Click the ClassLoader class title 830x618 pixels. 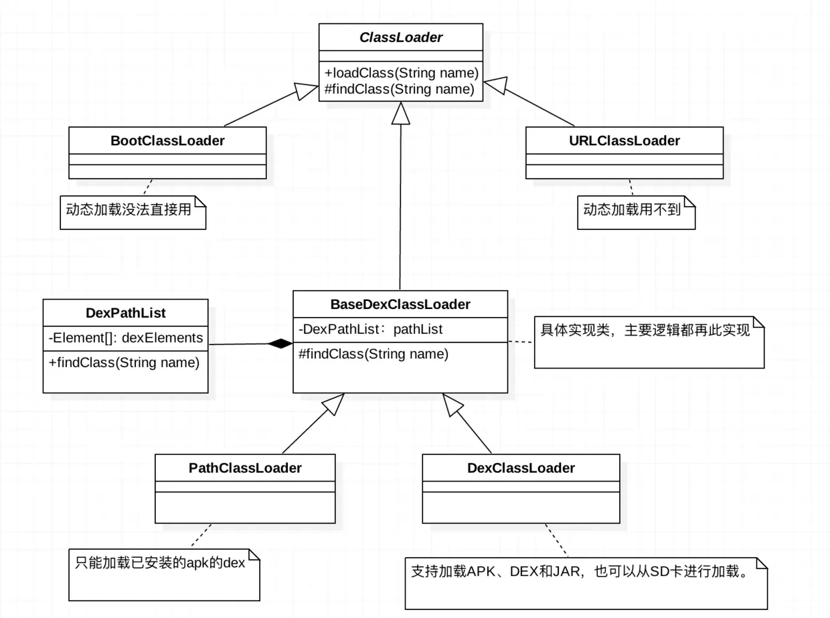click(x=400, y=37)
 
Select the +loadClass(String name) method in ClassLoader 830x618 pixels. click(x=400, y=73)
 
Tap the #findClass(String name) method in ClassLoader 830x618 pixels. click(x=400, y=88)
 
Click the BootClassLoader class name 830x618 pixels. click(x=167, y=140)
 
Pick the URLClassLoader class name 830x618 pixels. click(x=624, y=140)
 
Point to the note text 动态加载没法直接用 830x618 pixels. click(x=129, y=210)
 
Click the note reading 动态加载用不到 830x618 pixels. click(x=632, y=210)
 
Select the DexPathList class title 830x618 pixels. click(x=126, y=313)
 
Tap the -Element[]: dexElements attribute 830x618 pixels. click(x=126, y=338)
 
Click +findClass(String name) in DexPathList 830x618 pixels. click(x=124, y=363)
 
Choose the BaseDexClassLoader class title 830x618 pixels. click(x=400, y=304)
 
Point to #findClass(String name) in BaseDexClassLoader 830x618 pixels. click(x=373, y=354)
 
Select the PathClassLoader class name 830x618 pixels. click(x=245, y=468)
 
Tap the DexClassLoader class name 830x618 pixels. click(x=521, y=468)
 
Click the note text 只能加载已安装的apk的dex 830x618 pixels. click(x=159, y=562)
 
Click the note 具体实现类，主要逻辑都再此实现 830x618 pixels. click(x=645, y=330)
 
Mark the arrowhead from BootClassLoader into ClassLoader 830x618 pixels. click(x=307, y=92)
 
